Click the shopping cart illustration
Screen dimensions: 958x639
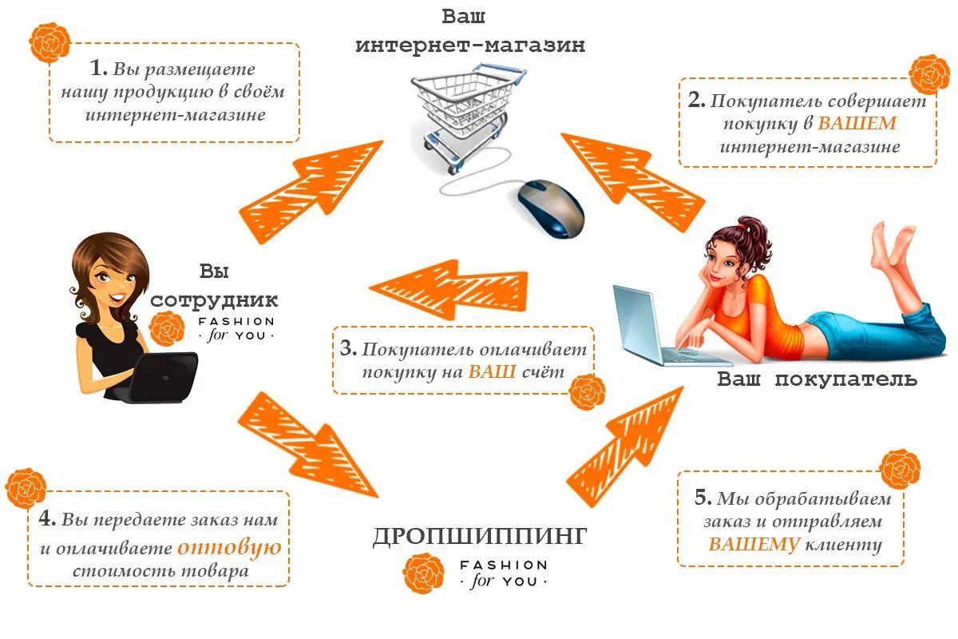click(x=468, y=112)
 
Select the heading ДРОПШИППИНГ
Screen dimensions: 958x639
click(x=480, y=536)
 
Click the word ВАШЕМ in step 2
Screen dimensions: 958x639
click(x=857, y=125)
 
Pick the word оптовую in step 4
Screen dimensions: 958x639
click(x=229, y=548)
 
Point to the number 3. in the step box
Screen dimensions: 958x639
click(x=347, y=349)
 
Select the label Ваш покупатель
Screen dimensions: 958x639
click(x=817, y=379)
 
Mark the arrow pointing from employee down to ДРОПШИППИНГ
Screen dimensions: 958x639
click(x=307, y=444)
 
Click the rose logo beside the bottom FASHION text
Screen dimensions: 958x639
click(x=422, y=573)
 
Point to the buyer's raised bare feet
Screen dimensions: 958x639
click(x=894, y=240)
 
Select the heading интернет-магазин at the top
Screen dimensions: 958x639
click(x=470, y=46)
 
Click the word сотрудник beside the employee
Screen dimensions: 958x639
click(x=214, y=300)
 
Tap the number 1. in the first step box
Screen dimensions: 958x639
click(x=98, y=69)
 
